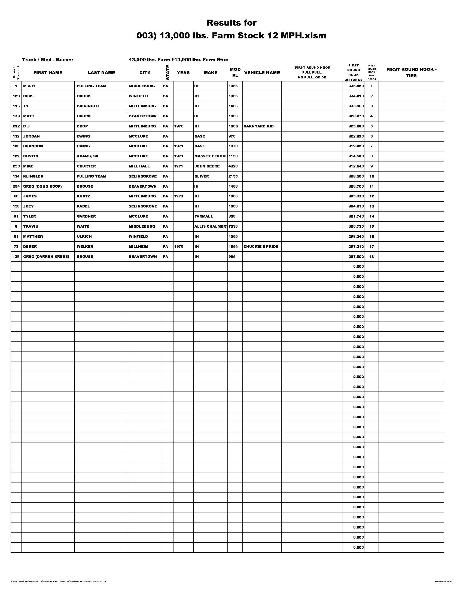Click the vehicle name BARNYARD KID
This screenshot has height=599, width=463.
[x=258, y=126]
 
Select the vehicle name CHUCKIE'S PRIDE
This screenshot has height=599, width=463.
[x=261, y=247]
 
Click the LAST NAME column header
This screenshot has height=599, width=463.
[x=101, y=73]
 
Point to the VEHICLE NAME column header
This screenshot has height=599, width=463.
[x=262, y=73]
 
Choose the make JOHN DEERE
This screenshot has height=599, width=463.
[x=207, y=166]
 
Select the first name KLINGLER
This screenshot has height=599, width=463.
[x=33, y=176]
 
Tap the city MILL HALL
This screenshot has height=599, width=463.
[x=139, y=166]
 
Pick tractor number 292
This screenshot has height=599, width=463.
[x=16, y=126]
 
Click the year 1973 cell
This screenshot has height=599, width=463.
[x=179, y=196]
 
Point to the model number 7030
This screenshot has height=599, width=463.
[x=233, y=227]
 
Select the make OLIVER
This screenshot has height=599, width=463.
[x=202, y=176]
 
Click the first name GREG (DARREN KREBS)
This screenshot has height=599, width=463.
[x=46, y=257]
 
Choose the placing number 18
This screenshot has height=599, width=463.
[x=371, y=257]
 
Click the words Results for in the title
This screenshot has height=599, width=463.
[x=231, y=23]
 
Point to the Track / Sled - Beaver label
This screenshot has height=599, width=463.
[x=48, y=60]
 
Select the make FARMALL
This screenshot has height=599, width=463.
[x=203, y=216]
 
